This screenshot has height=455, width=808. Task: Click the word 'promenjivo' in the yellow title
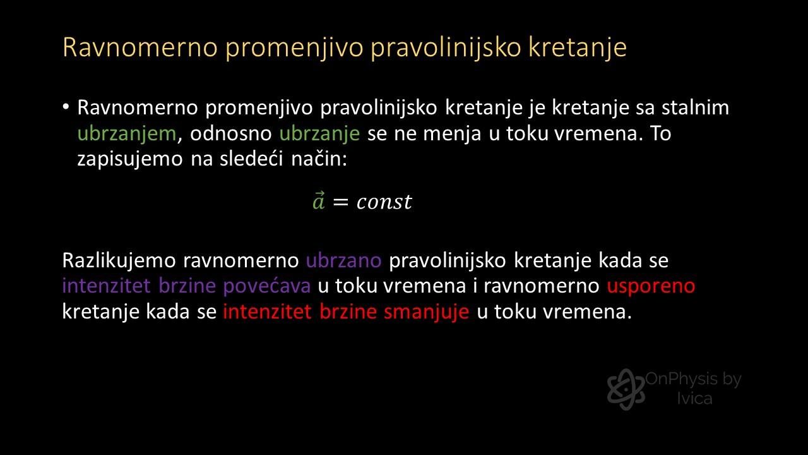pyautogui.click(x=294, y=47)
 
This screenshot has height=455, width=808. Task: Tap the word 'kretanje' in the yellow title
pyautogui.click(x=578, y=47)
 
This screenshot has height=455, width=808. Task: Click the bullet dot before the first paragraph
pyautogui.click(x=66, y=107)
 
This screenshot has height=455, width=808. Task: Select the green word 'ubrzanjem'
pyautogui.click(x=127, y=133)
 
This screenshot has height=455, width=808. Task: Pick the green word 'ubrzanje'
pyautogui.click(x=319, y=133)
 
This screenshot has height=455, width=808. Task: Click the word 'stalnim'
pyautogui.click(x=695, y=107)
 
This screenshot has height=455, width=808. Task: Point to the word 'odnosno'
pyautogui.click(x=231, y=133)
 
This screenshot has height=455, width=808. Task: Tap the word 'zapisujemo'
pyautogui.click(x=130, y=159)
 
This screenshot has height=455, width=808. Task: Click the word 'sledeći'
pyautogui.click(x=251, y=159)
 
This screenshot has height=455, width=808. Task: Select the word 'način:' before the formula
pyautogui.click(x=319, y=159)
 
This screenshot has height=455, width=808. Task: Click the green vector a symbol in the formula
pyautogui.click(x=319, y=201)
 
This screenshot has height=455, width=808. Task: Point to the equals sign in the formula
pyautogui.click(x=340, y=202)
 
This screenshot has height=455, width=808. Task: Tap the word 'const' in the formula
pyautogui.click(x=384, y=202)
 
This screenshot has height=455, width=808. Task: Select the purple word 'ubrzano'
pyautogui.click(x=344, y=260)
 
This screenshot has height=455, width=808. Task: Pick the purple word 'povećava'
pyautogui.click(x=267, y=286)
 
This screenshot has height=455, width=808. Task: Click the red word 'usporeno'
pyautogui.click(x=651, y=286)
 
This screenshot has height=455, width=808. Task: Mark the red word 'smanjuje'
pyautogui.click(x=426, y=312)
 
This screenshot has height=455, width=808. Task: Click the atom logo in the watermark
pyautogui.click(x=626, y=389)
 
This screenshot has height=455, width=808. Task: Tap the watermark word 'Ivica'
pyautogui.click(x=695, y=399)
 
